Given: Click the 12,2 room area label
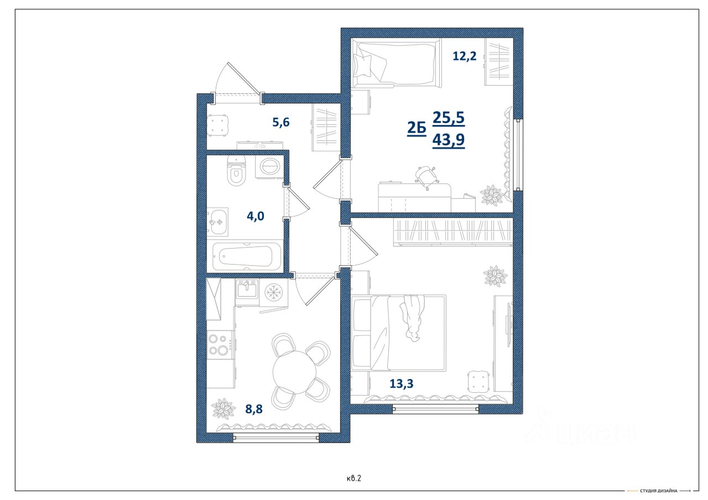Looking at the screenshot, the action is point(464,56).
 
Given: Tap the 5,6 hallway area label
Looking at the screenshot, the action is point(280,122).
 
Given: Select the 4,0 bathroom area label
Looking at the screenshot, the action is point(256,216).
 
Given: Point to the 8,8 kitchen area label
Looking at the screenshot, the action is point(254,409).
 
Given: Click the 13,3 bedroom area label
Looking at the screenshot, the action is point(402,383).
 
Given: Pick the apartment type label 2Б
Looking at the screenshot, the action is point(417,128).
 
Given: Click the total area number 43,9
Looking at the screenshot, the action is point(449,140).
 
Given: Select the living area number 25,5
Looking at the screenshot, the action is point(449,118).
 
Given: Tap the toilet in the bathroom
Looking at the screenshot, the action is point(236,171).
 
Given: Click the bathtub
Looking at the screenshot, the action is point(247,256).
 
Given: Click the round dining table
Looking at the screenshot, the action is point(294,372).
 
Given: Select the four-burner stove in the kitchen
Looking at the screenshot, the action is point(220,345).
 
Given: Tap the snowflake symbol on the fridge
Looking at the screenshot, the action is point(273,292).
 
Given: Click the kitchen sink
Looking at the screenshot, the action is point(247,289).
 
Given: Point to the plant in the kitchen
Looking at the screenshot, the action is point(223,408).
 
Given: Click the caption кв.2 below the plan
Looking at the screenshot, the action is point(353,478).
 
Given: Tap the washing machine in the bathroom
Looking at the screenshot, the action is point(269,167).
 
